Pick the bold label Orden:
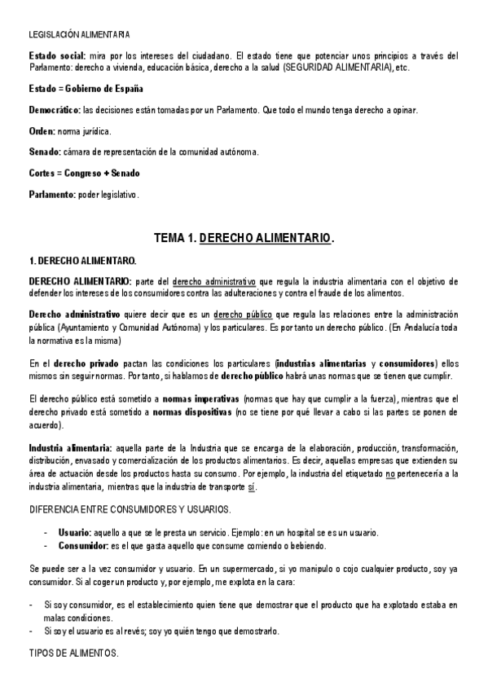pos(42,130)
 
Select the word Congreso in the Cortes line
pos(85,173)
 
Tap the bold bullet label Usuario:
pos(74,531)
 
